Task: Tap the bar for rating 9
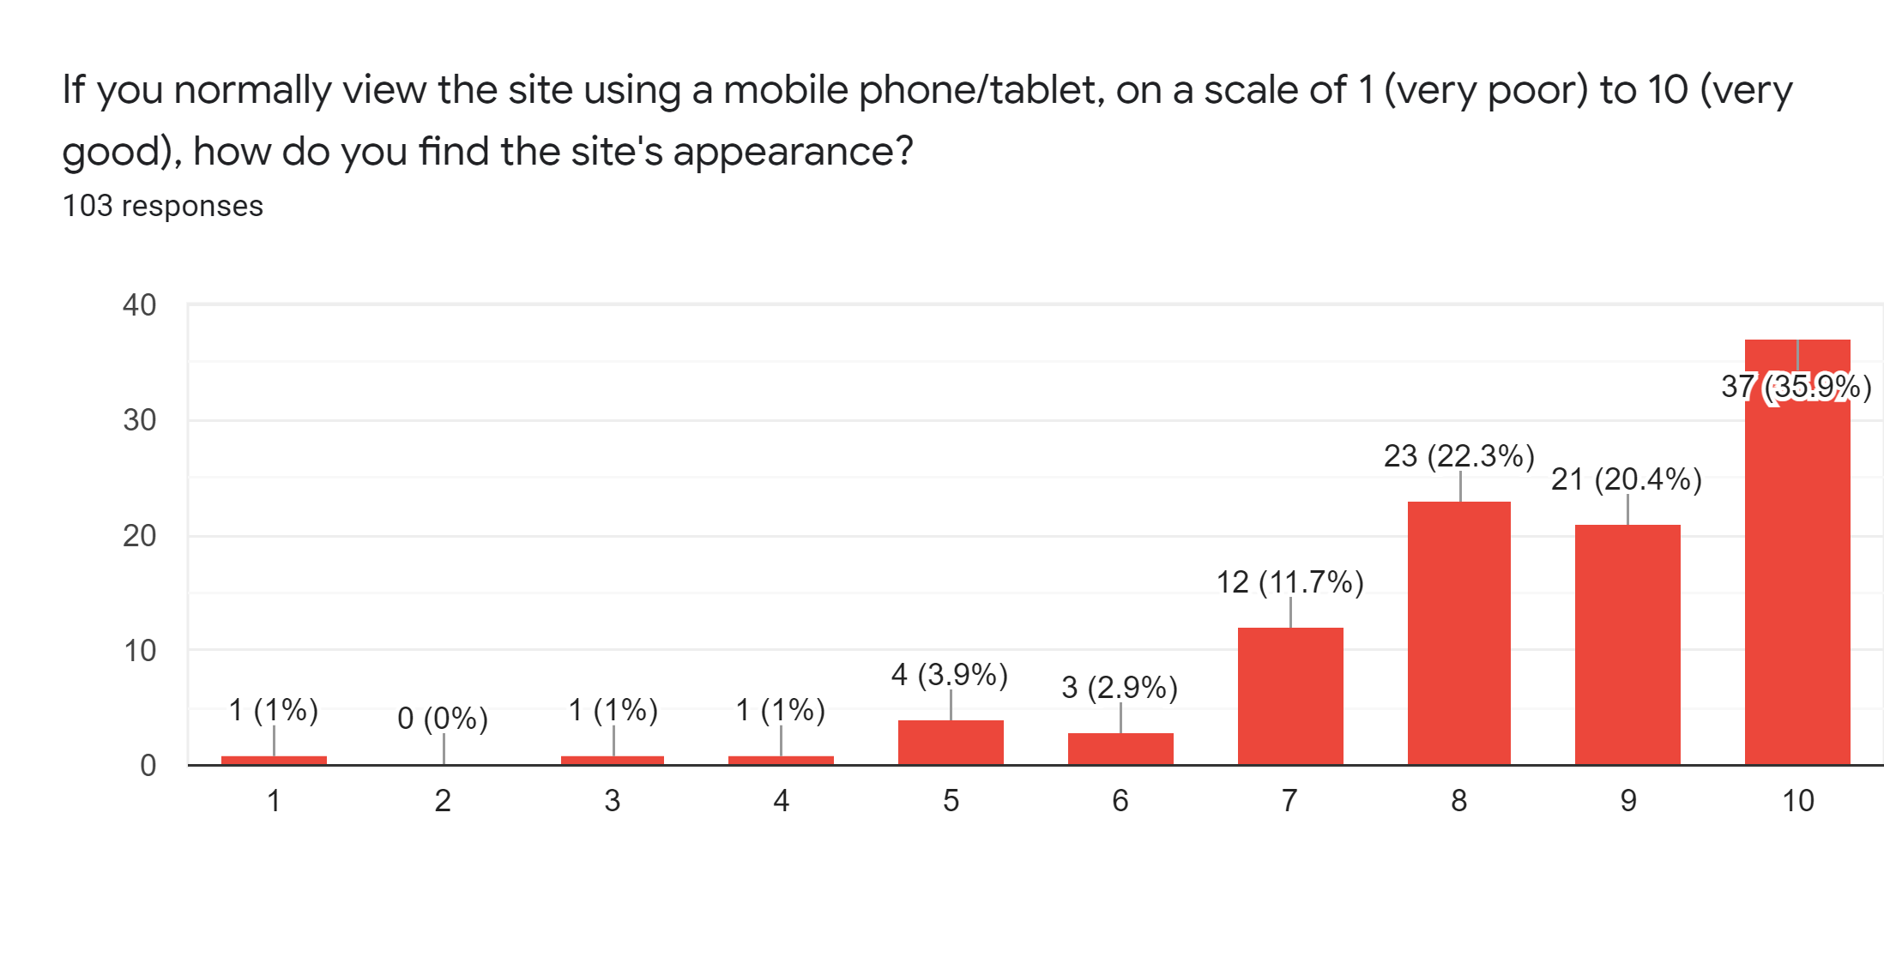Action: (1627, 644)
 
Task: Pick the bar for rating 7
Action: (1290, 695)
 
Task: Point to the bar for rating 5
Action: (951, 742)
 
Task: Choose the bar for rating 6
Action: (1120, 749)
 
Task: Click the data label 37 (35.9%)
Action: (1796, 387)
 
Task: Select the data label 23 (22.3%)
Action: (1458, 456)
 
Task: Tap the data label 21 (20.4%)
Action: (1626, 479)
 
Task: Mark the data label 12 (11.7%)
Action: (1289, 583)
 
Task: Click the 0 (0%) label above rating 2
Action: (443, 719)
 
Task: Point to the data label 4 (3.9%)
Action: (949, 675)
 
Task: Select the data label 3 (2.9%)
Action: (1119, 688)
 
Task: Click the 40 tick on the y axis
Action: (140, 305)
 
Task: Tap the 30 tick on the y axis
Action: (140, 420)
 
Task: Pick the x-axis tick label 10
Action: (1798, 801)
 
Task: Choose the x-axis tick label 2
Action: (443, 801)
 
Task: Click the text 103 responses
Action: (163, 206)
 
